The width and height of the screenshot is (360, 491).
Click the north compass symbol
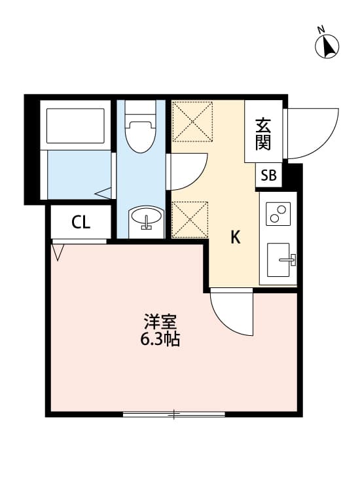click(327, 45)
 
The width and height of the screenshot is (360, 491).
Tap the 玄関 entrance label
click(263, 133)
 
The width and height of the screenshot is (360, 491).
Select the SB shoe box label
click(269, 175)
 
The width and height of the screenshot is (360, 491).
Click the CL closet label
click(81, 223)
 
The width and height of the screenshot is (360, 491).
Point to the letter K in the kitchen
click(235, 238)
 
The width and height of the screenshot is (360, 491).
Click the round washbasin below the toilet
click(146, 218)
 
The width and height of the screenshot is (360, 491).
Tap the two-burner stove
click(278, 213)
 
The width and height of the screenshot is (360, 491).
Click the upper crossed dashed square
click(192, 121)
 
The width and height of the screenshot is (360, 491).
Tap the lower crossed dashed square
click(190, 219)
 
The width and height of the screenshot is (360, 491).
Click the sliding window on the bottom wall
click(174, 414)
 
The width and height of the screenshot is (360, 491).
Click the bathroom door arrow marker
click(103, 193)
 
